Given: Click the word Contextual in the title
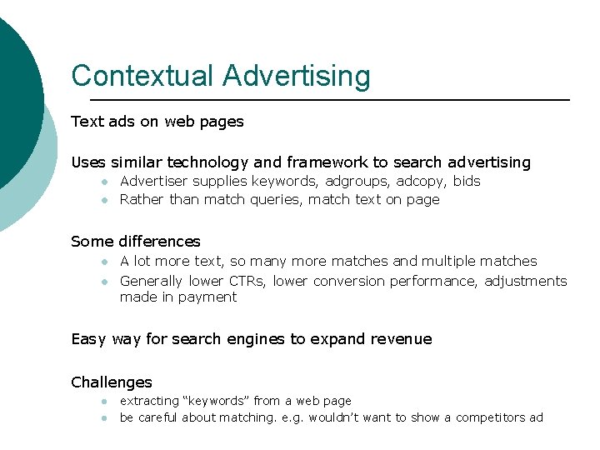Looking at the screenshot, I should pos(142,76).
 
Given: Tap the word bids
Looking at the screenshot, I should pos(467,181).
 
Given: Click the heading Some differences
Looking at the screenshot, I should pos(136,242).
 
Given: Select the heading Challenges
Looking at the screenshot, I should pos(112,382).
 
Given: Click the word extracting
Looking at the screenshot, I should pos(150,402).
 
